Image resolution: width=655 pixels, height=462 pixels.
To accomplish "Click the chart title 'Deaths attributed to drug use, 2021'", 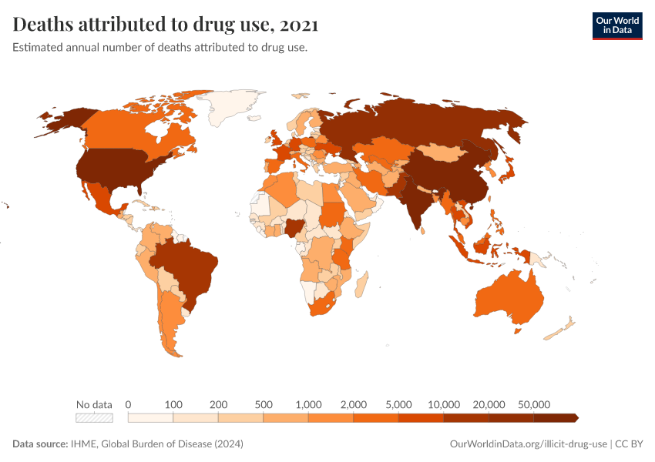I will (166, 25).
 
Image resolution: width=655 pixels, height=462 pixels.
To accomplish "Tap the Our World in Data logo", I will (616, 25).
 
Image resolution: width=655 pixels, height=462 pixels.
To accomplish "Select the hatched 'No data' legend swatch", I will (94, 417).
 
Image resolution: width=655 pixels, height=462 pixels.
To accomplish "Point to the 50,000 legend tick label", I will (534, 404).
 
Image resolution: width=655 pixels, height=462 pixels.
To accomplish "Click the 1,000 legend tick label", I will (308, 404).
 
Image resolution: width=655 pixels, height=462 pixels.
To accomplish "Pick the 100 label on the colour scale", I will (173, 404).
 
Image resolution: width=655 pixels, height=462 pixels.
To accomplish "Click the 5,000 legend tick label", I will (398, 404).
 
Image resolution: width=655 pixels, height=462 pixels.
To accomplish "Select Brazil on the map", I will (189, 266).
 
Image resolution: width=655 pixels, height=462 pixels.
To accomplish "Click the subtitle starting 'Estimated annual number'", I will (160, 48).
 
